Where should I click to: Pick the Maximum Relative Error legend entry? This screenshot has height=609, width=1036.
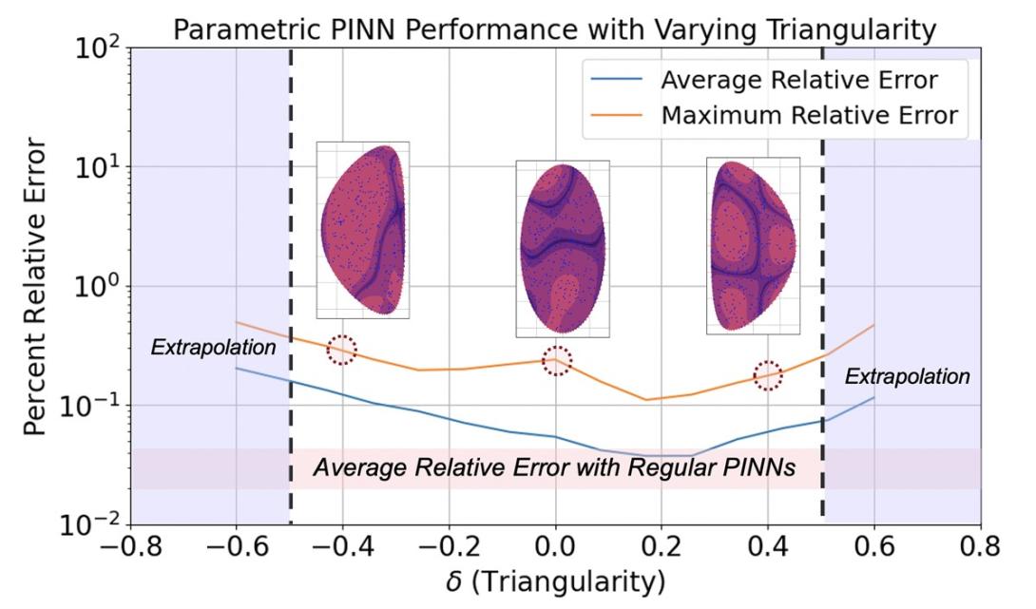809,116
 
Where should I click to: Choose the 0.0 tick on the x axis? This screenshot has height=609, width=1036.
556,548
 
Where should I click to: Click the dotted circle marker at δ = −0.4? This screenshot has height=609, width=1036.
342,350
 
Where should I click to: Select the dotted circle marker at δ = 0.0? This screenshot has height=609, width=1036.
557,361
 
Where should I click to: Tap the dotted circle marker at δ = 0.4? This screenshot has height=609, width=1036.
768,374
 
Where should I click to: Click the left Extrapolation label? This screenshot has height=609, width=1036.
213,349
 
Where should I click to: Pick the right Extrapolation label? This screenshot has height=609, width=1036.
908,377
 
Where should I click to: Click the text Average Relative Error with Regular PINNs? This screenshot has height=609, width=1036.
555,468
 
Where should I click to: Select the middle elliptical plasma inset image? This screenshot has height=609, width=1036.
562,248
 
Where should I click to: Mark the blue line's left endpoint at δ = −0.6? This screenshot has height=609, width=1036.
237,369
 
